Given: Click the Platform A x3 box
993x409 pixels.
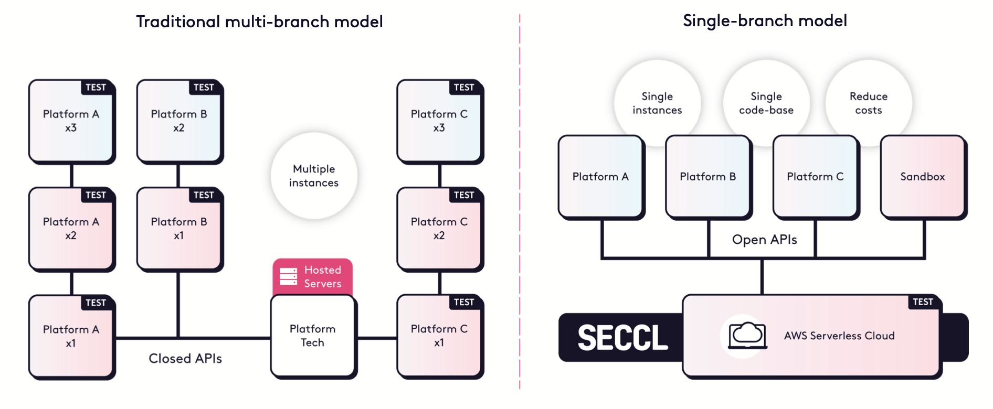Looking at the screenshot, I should click(x=71, y=121).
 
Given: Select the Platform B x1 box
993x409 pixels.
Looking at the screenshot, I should click(x=178, y=229).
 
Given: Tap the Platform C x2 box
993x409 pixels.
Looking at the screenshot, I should click(x=439, y=229).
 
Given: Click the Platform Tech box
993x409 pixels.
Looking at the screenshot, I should click(x=313, y=336).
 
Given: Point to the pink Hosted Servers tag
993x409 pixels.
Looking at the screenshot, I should click(x=313, y=276).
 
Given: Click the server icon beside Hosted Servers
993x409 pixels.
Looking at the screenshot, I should click(x=288, y=276).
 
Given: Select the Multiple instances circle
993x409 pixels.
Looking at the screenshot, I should click(x=314, y=176).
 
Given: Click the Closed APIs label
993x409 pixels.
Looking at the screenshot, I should click(x=185, y=359).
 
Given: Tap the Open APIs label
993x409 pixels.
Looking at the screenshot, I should click(x=764, y=240).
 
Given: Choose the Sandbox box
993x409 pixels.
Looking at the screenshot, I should click(x=923, y=177).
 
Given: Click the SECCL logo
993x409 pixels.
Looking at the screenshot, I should click(x=622, y=338).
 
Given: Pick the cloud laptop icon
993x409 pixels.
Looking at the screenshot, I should click(x=747, y=336).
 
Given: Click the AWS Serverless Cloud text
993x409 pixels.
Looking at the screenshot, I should click(x=839, y=336).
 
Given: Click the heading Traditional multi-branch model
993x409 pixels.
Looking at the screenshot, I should click(x=259, y=21).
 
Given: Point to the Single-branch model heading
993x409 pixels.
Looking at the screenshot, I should click(x=765, y=20).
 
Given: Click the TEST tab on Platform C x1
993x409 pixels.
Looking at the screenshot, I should click(x=464, y=302).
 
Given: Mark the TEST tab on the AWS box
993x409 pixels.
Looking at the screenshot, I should click(x=923, y=302).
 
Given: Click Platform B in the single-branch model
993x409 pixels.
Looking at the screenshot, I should click(x=707, y=177).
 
